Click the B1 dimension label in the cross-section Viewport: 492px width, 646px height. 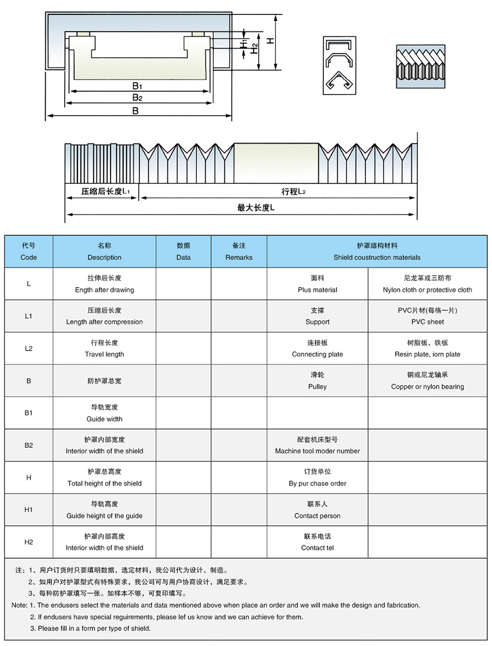pos(138,86)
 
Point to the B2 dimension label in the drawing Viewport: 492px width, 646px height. pos(138,98)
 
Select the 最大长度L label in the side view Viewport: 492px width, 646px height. pos(256,208)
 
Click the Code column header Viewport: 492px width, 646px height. pos(29,252)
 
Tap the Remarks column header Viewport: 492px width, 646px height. pos(239,252)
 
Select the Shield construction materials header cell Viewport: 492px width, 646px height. pos(377,252)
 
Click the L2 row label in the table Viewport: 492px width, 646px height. pos(29,348)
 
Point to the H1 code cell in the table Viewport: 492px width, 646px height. pos(29,510)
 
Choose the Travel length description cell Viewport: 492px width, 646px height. pos(104,348)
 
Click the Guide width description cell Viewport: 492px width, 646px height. pos(104,413)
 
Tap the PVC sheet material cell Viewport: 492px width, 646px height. pos(427,316)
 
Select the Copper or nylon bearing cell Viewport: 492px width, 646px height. pos(427,381)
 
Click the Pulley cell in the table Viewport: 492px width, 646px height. pos(317,381)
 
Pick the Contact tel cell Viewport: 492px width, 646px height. pos(317,542)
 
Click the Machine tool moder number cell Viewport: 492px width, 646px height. pos(317,445)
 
